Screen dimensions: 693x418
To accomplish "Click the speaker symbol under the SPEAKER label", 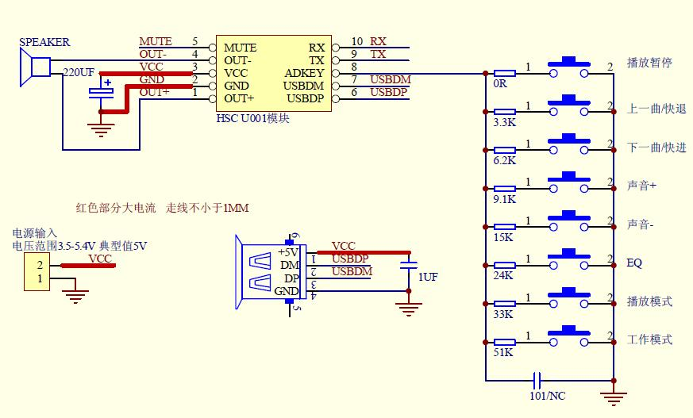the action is pos(36,67).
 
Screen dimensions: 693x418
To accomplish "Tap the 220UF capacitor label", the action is pos(79,72).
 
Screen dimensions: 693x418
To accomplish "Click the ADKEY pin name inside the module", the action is pos(304,73).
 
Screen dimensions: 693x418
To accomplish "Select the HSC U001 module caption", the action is pos(252,118).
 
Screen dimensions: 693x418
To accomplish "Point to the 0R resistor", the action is pos(504,73).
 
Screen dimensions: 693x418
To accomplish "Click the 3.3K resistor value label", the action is pos(504,122).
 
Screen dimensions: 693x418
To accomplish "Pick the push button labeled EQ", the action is pos(569,260).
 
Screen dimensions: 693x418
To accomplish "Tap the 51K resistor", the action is pos(504,342).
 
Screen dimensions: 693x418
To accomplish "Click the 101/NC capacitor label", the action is pos(547,396).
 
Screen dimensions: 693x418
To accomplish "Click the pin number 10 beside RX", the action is pos(357,41).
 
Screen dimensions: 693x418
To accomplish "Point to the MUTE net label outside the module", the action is pos(156,41).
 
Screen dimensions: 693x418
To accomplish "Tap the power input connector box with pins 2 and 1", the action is pos(37,272).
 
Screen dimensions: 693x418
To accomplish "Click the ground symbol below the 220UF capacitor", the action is pos(101,130).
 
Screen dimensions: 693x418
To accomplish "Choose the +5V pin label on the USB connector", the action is pos(288,252).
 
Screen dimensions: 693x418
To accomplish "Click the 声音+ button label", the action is pos(641,186).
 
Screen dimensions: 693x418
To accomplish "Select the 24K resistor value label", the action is pos(503,275).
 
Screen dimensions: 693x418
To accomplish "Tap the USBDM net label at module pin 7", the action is pos(391,79).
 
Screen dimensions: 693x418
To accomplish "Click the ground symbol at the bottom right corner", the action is pos(614,398).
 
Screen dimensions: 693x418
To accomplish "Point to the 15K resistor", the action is pos(504,227).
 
